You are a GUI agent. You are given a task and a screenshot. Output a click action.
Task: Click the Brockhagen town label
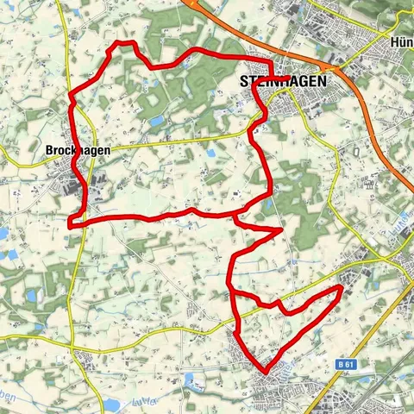click(x=75, y=149)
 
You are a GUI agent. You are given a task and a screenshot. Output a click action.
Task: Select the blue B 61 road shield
click(x=348, y=365)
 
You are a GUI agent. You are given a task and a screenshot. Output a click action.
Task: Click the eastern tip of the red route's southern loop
click(x=341, y=288)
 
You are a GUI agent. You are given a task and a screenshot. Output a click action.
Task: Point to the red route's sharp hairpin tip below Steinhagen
click(x=280, y=229)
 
